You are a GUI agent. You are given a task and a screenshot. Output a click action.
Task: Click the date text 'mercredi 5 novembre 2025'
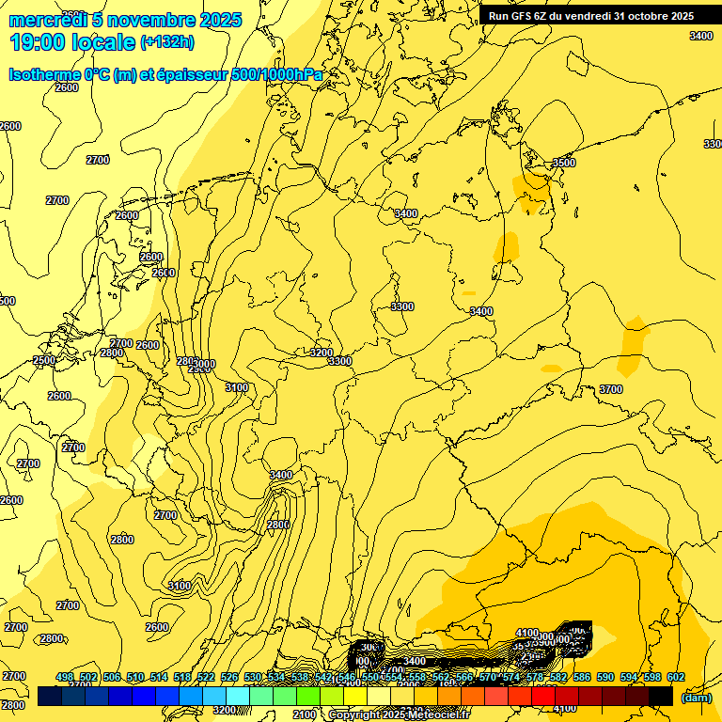tap(125, 20)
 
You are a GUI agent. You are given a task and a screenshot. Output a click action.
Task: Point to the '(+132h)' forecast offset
tap(167, 41)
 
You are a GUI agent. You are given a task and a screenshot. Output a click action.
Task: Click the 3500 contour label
tap(563, 163)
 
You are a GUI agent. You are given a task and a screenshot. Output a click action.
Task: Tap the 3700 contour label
tap(611, 389)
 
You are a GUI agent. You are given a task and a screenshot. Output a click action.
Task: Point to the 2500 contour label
tap(44, 360)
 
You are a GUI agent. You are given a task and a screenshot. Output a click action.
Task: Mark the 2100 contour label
tap(305, 715)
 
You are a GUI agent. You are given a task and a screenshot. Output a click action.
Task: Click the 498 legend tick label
tap(65, 677)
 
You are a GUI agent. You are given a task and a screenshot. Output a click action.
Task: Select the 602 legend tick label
tap(676, 677)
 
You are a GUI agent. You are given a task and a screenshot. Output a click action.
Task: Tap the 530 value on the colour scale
tap(253, 677)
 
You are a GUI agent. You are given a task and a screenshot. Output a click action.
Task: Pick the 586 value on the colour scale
tap(582, 677)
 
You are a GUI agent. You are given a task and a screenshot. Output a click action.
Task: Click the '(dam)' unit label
tap(696, 697)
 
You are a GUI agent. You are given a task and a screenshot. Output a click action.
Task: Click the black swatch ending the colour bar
tap(661, 696)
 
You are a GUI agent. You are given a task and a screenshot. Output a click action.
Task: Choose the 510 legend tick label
tap(135, 677)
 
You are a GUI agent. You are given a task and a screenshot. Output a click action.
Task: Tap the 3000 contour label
tap(205, 364)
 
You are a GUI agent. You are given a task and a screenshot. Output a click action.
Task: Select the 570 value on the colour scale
tap(488, 677)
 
